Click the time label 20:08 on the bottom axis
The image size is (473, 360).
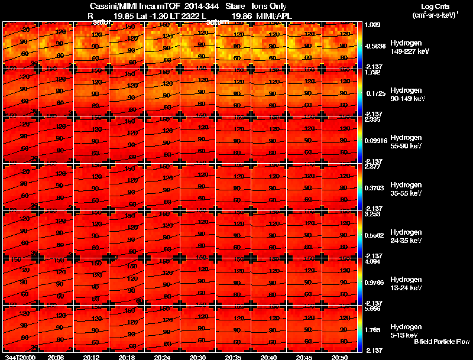point(56,357)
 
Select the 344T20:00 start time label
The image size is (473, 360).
point(20,357)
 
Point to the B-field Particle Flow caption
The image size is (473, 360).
point(441,342)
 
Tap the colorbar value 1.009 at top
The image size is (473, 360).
point(372,25)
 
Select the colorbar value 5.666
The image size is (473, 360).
point(372,309)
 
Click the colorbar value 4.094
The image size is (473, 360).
point(372,261)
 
